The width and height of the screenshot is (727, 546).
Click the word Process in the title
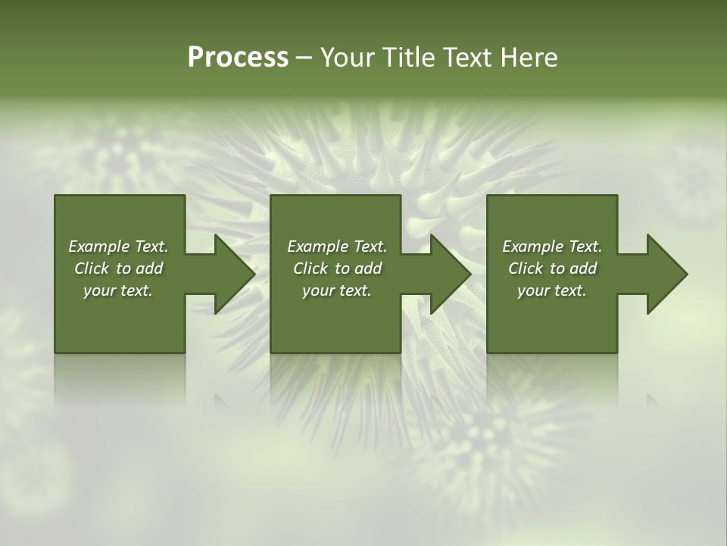pyautogui.click(x=238, y=58)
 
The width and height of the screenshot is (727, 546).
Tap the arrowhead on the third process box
pyautogui.click(x=665, y=274)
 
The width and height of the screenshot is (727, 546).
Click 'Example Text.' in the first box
pyautogui.click(x=118, y=246)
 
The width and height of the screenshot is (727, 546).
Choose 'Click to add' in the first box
pyautogui.click(x=118, y=268)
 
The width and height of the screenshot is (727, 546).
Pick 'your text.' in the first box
pyautogui.click(x=118, y=290)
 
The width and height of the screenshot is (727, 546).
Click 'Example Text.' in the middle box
pyautogui.click(x=337, y=246)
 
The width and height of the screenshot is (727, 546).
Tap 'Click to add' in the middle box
pyautogui.click(x=337, y=268)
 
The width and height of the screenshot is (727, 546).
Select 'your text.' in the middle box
pyautogui.click(x=337, y=290)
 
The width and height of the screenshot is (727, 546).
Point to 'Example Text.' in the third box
pyautogui.click(x=552, y=246)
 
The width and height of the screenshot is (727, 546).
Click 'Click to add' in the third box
pyautogui.click(x=552, y=268)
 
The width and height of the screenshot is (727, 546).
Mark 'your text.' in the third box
pyautogui.click(x=552, y=290)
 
